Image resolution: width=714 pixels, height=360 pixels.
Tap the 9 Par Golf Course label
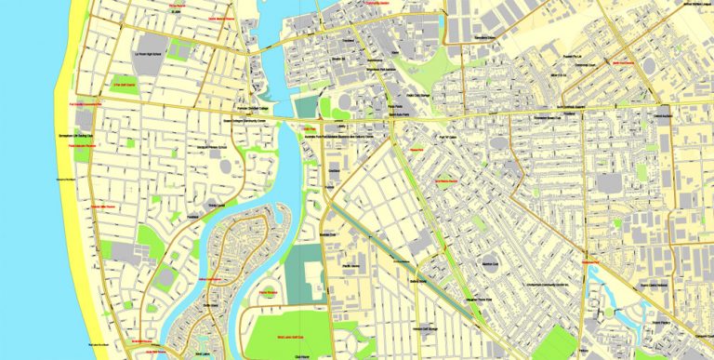point(125,86)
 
